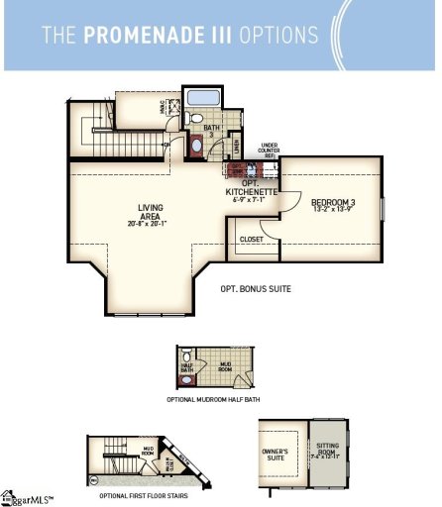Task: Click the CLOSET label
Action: point(250,238)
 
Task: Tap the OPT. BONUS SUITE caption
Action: point(255,290)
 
